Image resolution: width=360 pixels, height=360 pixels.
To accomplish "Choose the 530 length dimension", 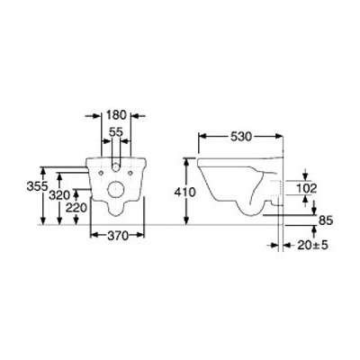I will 239,136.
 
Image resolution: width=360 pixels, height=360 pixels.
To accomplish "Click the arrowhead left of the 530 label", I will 202,136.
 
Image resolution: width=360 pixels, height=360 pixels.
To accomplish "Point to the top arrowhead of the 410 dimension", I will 186,160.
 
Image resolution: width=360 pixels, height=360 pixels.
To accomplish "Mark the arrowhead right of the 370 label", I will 141,235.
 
